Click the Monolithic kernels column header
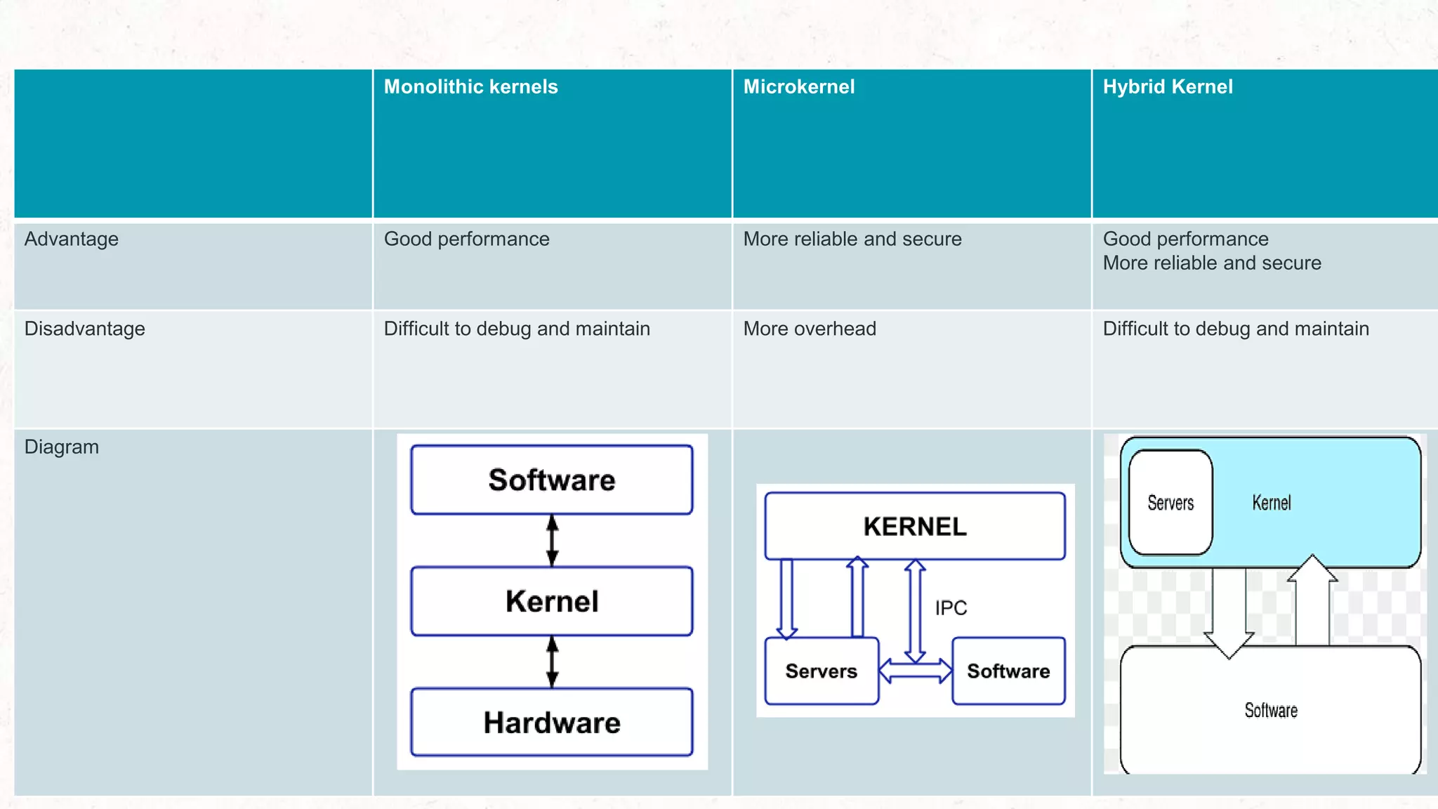470,87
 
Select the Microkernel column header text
798,87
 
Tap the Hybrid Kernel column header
1167,87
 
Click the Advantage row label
71,239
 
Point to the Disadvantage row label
84,329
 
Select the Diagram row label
61,447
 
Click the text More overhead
809,329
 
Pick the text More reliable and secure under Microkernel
852,239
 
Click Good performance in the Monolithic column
466,239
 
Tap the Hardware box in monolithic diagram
552,723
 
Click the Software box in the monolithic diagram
552,480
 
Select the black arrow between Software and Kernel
553,540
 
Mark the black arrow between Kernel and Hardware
553,662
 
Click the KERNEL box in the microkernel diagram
914,527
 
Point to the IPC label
951,608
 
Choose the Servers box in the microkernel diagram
821,671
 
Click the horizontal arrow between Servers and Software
915,671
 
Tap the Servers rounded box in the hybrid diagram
1170,503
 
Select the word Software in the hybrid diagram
1271,711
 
